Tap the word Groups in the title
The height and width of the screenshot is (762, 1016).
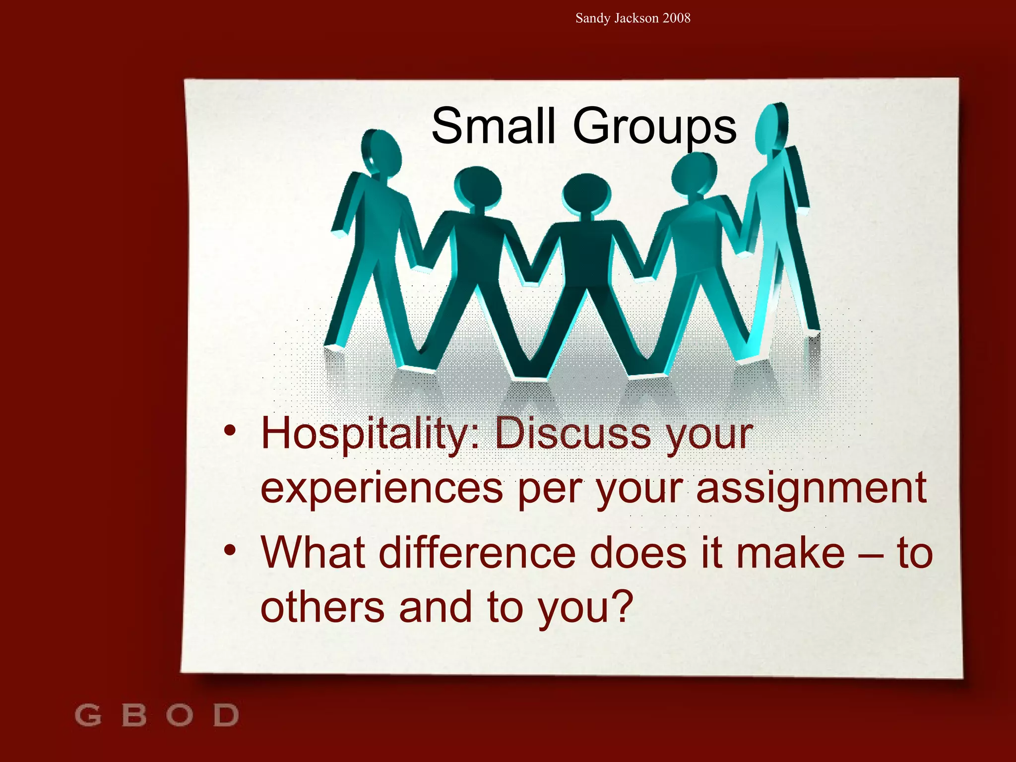point(654,127)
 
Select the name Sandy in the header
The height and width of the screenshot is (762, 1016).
point(593,18)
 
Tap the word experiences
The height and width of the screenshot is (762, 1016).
point(381,489)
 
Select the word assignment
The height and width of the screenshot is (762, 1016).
point(811,489)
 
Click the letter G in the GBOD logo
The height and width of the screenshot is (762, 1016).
point(88,715)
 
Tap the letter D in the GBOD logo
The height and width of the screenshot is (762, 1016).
point(226,715)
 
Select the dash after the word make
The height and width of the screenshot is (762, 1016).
point(871,556)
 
